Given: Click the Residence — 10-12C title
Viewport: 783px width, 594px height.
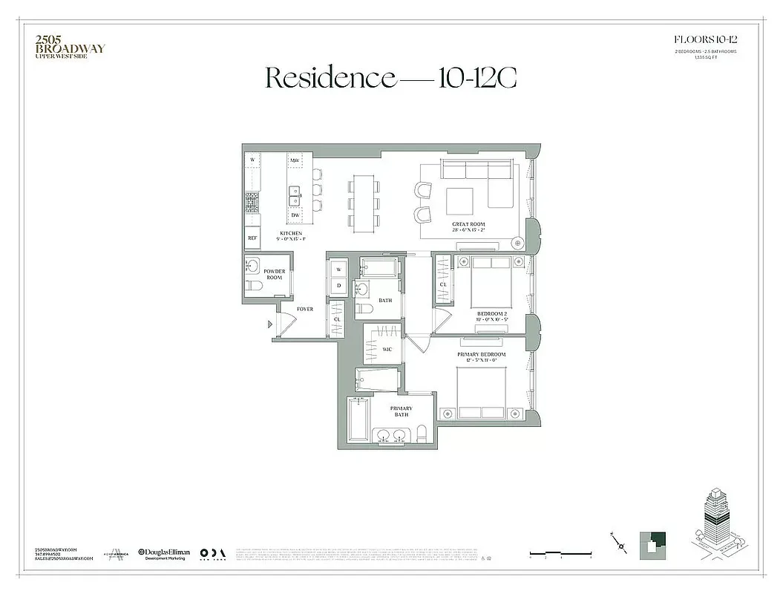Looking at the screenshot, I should tap(390, 77).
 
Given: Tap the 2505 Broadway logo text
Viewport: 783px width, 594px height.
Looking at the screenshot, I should tap(71, 45).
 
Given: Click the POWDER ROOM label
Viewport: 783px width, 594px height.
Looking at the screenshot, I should tap(275, 274).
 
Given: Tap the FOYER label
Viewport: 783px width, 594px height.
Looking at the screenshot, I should tap(304, 308).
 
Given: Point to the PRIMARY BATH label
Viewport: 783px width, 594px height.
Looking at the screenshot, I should tap(402, 411).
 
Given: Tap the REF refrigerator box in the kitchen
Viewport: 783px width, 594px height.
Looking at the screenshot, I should tap(252, 238).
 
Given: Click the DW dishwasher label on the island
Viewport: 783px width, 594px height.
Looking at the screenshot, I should tap(295, 215).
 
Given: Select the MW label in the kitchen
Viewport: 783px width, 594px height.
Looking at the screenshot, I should tap(295, 160).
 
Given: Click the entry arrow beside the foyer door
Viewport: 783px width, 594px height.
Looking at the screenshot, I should tap(270, 324).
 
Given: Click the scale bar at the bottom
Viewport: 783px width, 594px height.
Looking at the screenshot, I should tap(560, 552).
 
